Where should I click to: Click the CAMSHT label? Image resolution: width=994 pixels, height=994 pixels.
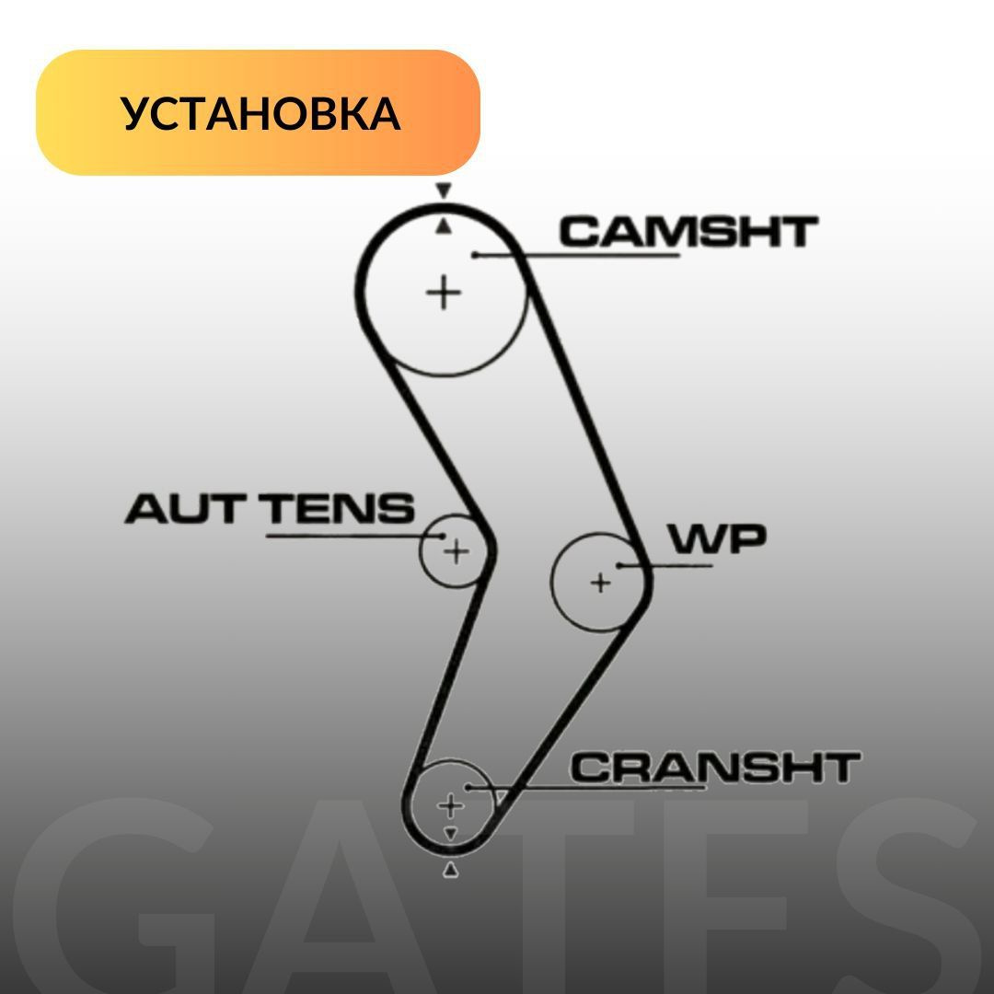coord(687,232)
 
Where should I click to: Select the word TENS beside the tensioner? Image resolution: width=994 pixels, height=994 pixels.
coord(340,509)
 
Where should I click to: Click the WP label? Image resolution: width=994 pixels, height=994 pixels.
coord(717,539)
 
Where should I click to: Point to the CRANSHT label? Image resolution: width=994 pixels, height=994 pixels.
coord(715,768)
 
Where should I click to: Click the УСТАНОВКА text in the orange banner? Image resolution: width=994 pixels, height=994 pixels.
coord(260,113)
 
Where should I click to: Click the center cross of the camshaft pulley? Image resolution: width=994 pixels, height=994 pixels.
coord(444,294)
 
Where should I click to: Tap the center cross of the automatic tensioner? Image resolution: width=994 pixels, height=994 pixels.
coord(456,552)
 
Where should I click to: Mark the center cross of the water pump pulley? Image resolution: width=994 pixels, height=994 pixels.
coord(600,583)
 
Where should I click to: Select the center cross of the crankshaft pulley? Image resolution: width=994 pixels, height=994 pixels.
coord(449,806)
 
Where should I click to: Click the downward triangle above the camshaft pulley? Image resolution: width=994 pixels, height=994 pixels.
coord(443,191)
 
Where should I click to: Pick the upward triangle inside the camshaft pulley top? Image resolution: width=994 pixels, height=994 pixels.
coord(443,226)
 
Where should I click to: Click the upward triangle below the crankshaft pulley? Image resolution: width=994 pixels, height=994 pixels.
coord(450,870)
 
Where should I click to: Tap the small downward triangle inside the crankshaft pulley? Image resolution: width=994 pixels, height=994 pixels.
coord(450,833)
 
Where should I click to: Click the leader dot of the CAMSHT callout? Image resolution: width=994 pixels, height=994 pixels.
coord(475,254)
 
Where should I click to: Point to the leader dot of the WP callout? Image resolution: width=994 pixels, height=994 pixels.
coord(621,566)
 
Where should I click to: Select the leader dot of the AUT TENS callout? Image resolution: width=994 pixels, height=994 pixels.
coord(442,535)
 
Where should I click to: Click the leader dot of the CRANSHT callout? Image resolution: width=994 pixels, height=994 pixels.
coord(468,788)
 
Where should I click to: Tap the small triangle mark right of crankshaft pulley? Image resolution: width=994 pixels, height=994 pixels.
coord(500,797)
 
